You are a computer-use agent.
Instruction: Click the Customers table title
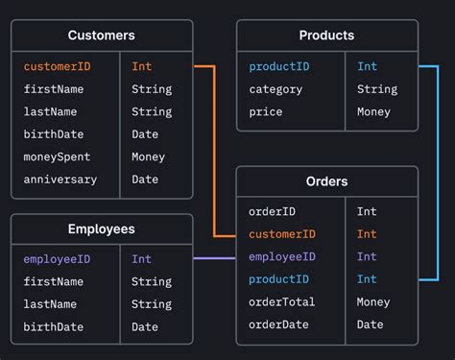click(x=101, y=36)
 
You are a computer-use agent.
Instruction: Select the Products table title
click(x=326, y=36)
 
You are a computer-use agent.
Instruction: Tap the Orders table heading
click(x=326, y=180)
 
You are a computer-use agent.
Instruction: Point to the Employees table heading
click(x=101, y=228)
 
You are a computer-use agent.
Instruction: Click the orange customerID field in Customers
click(x=58, y=66)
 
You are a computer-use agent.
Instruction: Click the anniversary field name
click(x=60, y=180)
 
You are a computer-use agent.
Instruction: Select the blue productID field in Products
click(x=278, y=66)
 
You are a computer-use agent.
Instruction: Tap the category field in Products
click(x=275, y=89)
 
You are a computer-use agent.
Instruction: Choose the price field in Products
click(x=265, y=111)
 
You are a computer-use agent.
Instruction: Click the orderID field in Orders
click(x=272, y=211)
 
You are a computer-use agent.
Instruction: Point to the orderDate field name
click(x=278, y=324)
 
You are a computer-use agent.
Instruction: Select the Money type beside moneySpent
click(x=148, y=156)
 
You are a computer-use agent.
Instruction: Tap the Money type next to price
click(x=373, y=111)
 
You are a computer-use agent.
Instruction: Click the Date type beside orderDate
click(x=370, y=324)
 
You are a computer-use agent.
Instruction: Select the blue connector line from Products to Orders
click(x=438, y=173)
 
